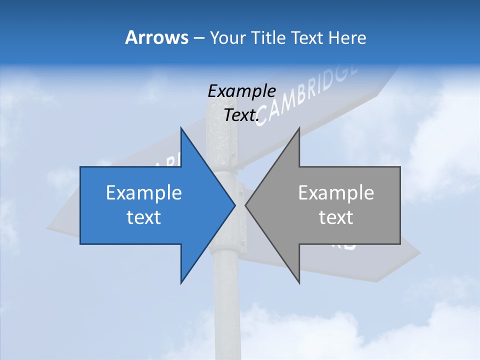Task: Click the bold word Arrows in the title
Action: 156,37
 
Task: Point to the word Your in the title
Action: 227,37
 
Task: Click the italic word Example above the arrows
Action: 241,91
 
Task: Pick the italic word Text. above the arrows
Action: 241,115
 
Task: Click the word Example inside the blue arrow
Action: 144,193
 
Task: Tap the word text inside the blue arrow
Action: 144,217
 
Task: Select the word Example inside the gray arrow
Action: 336,193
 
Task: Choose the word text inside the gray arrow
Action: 336,217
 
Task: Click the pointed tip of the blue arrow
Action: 235,205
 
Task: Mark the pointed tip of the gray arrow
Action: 245,205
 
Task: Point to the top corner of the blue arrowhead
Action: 181,128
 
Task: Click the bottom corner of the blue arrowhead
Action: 181,283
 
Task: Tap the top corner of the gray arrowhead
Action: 299,128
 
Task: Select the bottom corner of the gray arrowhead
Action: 299,283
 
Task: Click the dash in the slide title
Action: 198,38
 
